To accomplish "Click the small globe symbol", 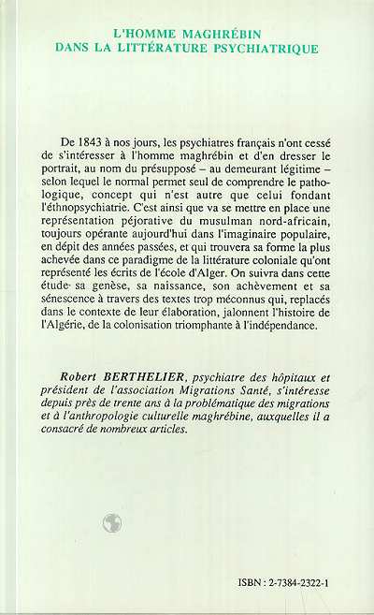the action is pyautogui.click(x=112, y=523).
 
